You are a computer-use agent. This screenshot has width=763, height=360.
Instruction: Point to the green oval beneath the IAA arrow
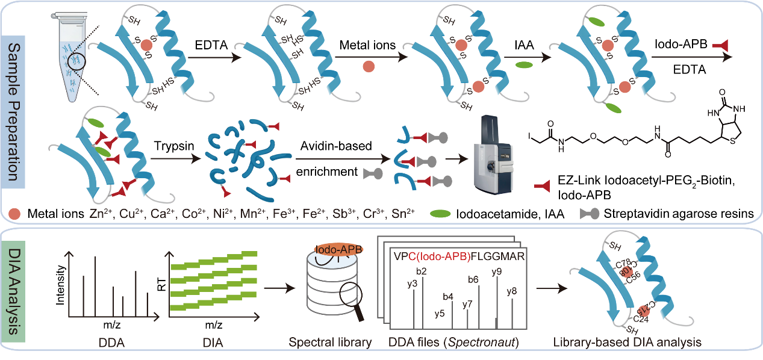523,65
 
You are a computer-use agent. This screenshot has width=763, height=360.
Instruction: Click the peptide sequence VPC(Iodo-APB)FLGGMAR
459,255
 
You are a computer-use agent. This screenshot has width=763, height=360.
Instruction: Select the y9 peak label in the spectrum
497,272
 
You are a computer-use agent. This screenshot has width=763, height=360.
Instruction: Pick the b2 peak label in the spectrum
422,272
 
